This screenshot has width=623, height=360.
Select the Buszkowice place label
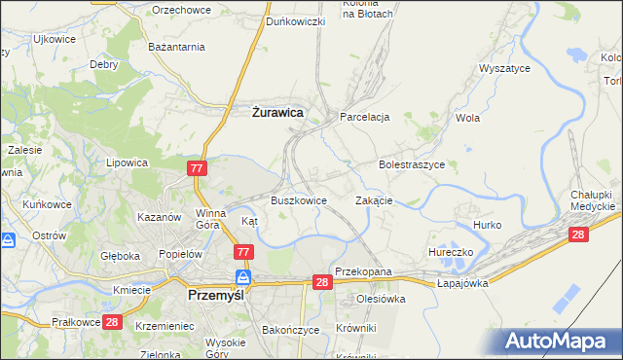298,200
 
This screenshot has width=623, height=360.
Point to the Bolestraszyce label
411,165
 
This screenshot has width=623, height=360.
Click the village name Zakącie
374,200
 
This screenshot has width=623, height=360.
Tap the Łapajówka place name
461,282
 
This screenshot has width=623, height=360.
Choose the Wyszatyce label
504,69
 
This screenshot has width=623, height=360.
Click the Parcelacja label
364,117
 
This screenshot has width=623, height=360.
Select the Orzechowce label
180,10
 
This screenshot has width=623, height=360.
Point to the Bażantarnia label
175,46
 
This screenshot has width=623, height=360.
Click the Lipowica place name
127,163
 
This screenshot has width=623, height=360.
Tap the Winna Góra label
211,219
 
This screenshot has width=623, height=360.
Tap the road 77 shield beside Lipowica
197,168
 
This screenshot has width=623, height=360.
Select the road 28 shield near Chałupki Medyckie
579,234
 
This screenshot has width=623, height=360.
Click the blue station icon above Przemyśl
243,277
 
